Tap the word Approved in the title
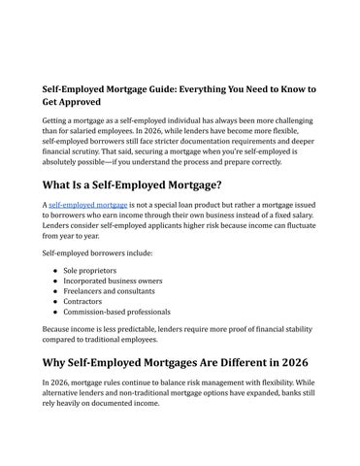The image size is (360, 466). coord(77,104)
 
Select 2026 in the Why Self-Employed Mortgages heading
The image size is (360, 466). coord(294,383)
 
